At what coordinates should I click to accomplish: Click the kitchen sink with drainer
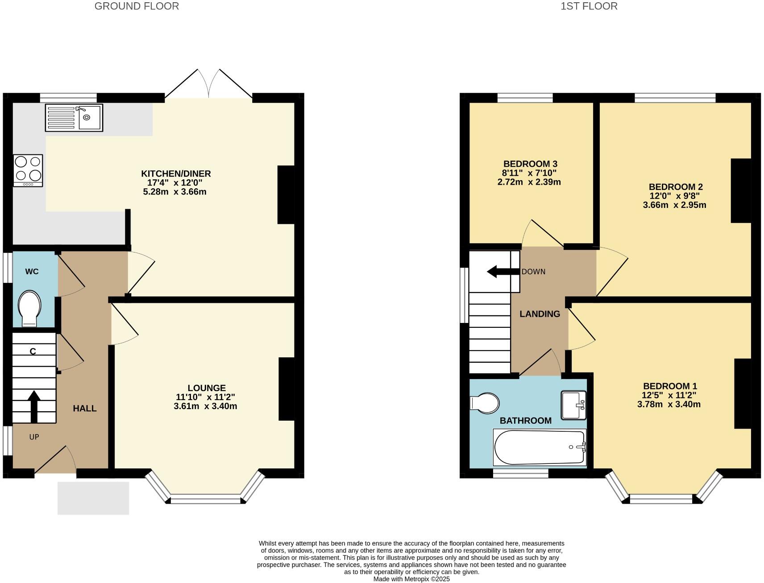(x=74, y=118)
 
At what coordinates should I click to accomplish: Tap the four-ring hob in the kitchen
(x=28, y=170)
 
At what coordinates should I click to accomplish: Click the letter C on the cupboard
(x=33, y=352)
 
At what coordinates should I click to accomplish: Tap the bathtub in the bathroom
(x=539, y=447)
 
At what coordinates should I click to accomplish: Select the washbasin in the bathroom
(x=573, y=405)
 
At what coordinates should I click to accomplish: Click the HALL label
(x=85, y=409)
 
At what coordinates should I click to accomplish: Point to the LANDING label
(x=540, y=314)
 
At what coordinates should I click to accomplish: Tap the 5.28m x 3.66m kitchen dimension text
(x=174, y=192)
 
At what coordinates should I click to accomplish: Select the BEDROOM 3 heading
(x=530, y=164)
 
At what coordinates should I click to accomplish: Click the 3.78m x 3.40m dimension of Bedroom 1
(x=668, y=405)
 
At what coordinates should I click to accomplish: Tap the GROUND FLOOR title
(x=137, y=6)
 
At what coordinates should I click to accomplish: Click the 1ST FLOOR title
(x=589, y=6)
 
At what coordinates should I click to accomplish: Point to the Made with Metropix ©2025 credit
(x=411, y=579)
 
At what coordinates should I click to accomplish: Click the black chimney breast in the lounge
(x=286, y=389)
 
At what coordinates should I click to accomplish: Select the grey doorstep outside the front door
(x=93, y=498)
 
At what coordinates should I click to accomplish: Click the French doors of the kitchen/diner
(x=208, y=85)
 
